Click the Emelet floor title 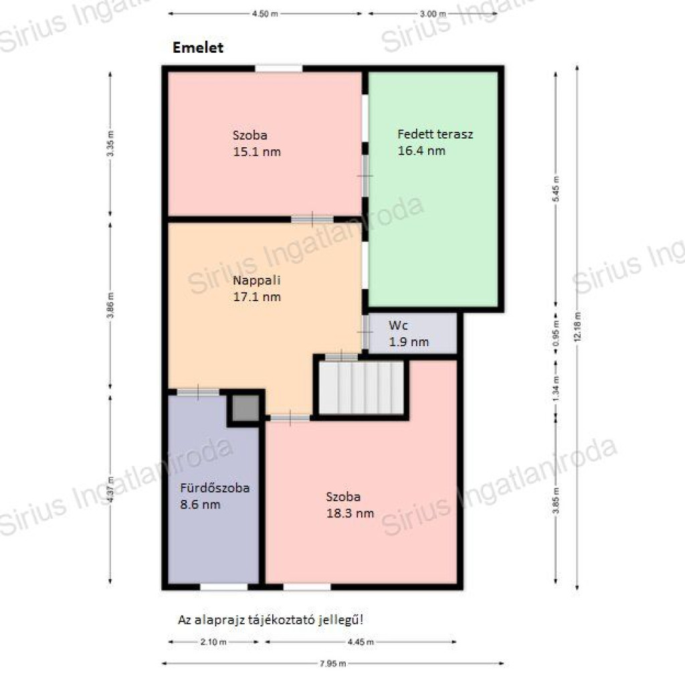pyautogui.click(x=198, y=48)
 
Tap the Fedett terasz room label pyautogui.click(x=435, y=134)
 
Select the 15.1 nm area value pyautogui.click(x=257, y=152)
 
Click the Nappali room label pyautogui.click(x=256, y=280)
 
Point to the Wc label pyautogui.click(x=398, y=325)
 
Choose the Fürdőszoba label pyautogui.click(x=215, y=487)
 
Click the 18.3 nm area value pyautogui.click(x=350, y=513)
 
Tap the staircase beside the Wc pyautogui.click(x=361, y=387)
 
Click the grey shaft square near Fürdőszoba pyautogui.click(x=246, y=408)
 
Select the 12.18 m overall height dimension pyautogui.click(x=577, y=328)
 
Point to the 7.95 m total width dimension pyautogui.click(x=333, y=663)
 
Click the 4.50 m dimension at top pyautogui.click(x=265, y=13)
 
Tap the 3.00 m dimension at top pyautogui.click(x=433, y=13)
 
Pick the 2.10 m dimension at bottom pyautogui.click(x=213, y=642)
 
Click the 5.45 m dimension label pyautogui.click(x=556, y=189)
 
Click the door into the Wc pyautogui.click(x=365, y=332)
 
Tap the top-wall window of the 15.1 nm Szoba pyautogui.click(x=279, y=69)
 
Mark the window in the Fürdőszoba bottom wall pyautogui.click(x=223, y=586)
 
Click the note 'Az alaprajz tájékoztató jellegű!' pyautogui.click(x=270, y=620)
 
